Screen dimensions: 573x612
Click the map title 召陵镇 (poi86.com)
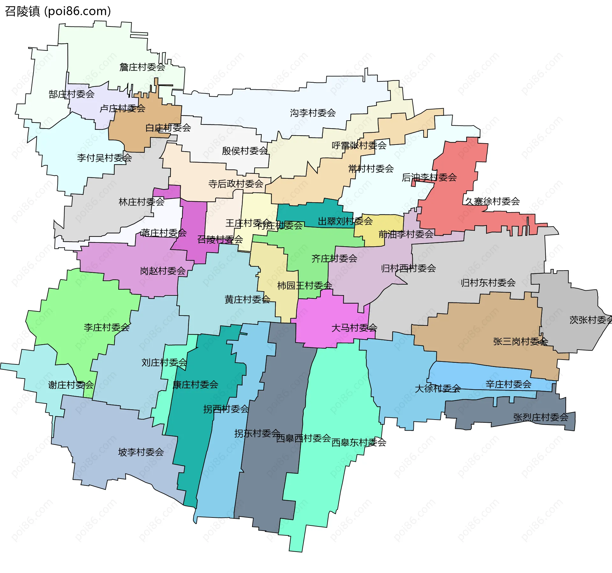(58, 11)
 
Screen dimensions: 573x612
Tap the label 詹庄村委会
(142, 67)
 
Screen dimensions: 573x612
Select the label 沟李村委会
(313, 113)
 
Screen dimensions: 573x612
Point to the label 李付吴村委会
(104, 158)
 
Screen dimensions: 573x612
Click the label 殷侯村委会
(245, 151)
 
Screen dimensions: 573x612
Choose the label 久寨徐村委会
(492, 201)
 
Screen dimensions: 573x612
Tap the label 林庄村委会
(142, 202)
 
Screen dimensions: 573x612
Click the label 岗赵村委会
(163, 271)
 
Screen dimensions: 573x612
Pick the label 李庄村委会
(106, 327)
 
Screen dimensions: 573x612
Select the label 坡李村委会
(141, 452)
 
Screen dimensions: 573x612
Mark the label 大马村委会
(354, 328)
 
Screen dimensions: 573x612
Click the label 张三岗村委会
(521, 341)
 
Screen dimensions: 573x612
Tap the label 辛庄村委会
(508, 384)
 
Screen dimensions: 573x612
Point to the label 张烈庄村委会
(541, 417)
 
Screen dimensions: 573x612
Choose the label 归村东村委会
(488, 282)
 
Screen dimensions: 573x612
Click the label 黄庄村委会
(247, 299)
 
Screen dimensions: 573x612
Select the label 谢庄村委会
(71, 385)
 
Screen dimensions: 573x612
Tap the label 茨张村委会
(590, 320)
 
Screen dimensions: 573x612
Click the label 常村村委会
(371, 168)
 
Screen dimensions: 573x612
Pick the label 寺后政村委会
(236, 184)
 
